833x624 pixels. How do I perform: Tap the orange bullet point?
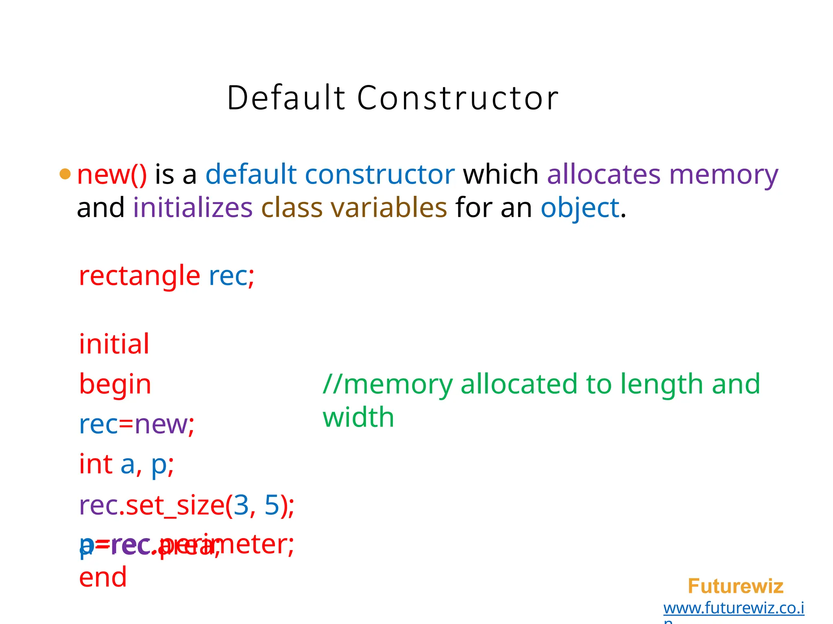click(65, 174)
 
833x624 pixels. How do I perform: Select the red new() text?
click(112, 175)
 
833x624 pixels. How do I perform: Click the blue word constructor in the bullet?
click(379, 175)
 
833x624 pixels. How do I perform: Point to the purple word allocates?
click(604, 175)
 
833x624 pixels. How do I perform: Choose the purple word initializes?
click(193, 208)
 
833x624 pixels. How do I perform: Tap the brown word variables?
click(389, 208)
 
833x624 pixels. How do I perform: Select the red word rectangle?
click(140, 276)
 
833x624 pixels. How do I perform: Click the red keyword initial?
click(114, 344)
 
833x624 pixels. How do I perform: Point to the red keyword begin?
click(115, 384)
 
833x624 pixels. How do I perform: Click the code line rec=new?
click(137, 425)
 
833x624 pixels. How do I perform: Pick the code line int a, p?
click(126, 464)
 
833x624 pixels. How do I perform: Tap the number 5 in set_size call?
click(272, 505)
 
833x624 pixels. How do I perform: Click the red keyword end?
click(103, 577)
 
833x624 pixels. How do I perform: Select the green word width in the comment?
click(358, 418)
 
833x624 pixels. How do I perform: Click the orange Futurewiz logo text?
click(735, 586)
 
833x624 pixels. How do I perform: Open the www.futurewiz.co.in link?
click(734, 608)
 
